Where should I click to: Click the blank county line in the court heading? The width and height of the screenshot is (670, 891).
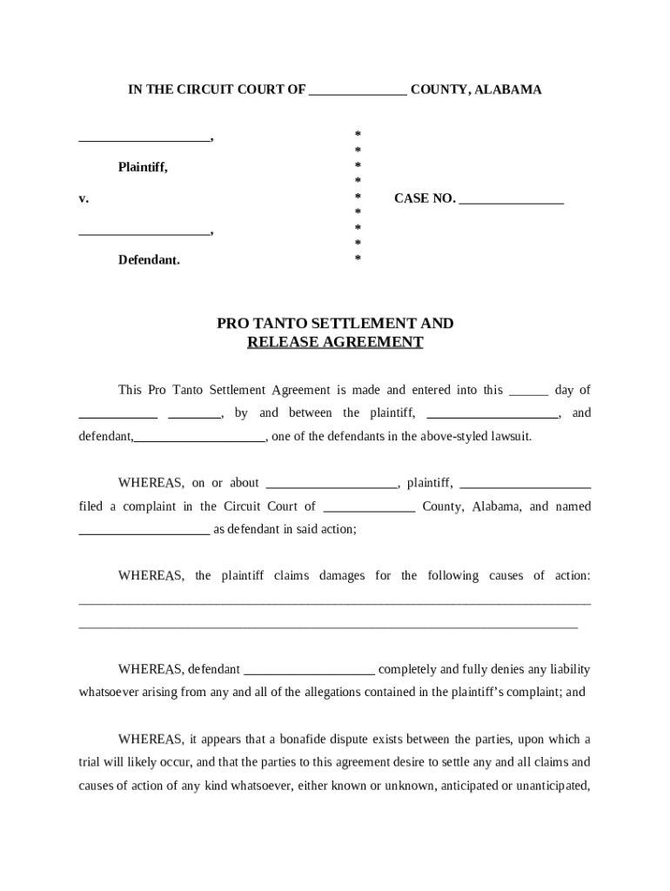(x=358, y=91)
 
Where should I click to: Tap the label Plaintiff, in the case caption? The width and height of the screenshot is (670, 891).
(x=144, y=167)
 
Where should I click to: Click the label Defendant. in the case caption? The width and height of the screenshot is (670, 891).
(x=150, y=260)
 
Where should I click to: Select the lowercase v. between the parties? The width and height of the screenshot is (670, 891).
(x=84, y=199)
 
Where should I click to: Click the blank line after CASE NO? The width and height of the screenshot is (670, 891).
(x=512, y=201)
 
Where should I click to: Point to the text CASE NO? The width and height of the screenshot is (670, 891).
(x=425, y=198)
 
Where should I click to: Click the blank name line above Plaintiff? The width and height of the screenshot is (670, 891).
(x=144, y=139)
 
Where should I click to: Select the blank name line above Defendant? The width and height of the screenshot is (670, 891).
(x=144, y=233)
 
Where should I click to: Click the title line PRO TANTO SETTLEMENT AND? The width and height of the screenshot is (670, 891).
(x=335, y=324)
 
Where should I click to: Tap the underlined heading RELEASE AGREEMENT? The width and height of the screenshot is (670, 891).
(x=335, y=343)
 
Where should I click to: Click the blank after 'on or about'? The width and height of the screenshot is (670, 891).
(x=332, y=486)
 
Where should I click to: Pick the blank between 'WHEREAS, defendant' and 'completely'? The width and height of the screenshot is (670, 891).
(x=310, y=673)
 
